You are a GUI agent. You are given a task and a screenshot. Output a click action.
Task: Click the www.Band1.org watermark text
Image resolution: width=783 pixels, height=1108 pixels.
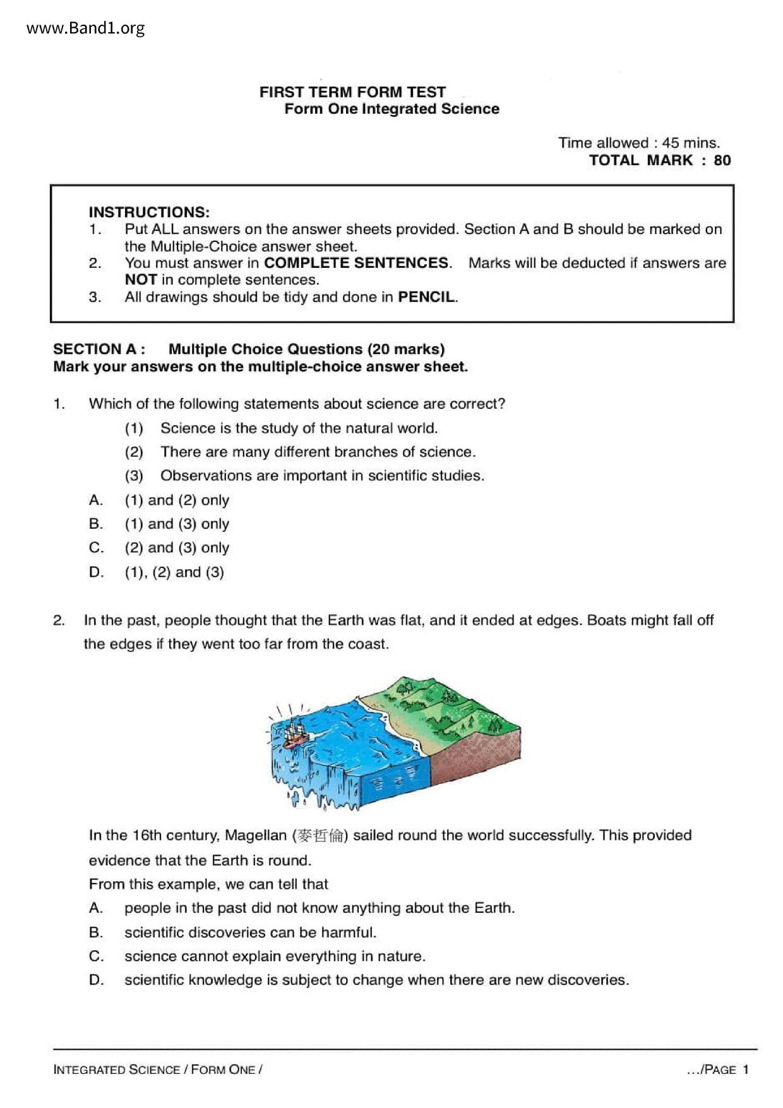click(x=86, y=28)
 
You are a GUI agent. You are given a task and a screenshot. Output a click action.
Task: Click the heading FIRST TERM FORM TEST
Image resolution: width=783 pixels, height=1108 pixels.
click(x=352, y=92)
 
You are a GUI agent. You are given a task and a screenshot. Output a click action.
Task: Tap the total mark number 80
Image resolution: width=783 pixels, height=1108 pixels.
click(x=722, y=160)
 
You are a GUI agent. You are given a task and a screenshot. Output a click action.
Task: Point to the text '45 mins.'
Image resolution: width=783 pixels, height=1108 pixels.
click(x=691, y=143)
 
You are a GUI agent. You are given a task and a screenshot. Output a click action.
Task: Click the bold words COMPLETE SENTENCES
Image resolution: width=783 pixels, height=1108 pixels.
click(x=357, y=263)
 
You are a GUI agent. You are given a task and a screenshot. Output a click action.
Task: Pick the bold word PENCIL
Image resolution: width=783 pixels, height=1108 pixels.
click(x=427, y=297)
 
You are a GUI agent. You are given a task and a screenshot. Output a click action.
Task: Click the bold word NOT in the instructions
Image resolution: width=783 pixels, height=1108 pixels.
click(x=140, y=280)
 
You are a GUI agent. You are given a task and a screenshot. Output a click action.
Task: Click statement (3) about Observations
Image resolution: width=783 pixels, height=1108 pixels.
click(x=322, y=476)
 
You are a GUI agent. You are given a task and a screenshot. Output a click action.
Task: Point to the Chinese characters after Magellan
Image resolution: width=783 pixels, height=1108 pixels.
click(x=320, y=836)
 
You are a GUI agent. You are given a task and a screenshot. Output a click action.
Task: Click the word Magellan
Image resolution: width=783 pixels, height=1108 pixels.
click(x=255, y=836)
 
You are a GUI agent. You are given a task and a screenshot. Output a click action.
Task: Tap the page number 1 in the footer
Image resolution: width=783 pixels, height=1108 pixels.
click(x=746, y=1069)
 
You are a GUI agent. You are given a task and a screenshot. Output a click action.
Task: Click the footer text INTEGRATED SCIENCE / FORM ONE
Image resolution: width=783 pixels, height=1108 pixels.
click(x=158, y=1069)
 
